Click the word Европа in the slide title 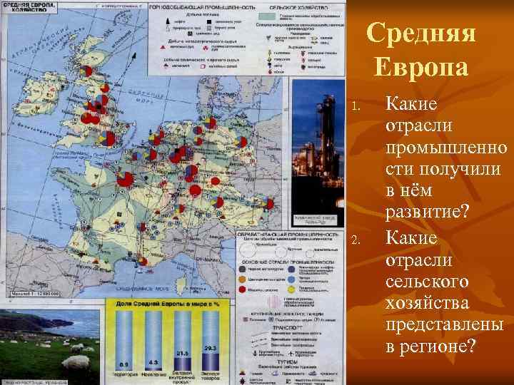point(420,68)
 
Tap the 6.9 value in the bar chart point(124,364)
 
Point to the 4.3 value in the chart point(153,364)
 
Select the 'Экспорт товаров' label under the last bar point(211,376)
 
